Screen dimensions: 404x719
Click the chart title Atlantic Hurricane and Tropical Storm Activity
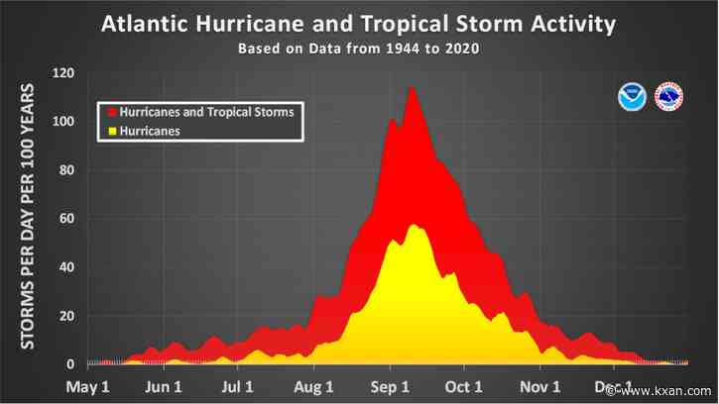(360, 24)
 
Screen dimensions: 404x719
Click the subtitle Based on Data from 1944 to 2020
(359, 48)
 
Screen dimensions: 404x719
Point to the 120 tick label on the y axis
(64, 73)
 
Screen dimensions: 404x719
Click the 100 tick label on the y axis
(64, 122)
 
